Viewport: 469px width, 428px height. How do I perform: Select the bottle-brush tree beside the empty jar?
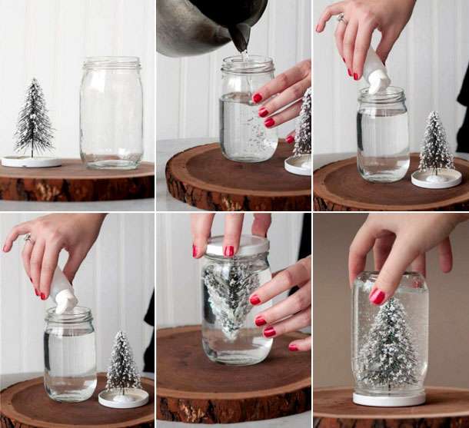[x=34, y=119]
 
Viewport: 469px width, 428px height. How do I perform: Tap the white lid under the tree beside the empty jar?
[x=31, y=161]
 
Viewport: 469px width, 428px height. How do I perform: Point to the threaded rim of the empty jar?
[x=111, y=64]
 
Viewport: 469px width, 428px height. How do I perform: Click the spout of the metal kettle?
[x=241, y=38]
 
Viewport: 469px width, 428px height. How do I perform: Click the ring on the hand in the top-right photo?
[x=341, y=17]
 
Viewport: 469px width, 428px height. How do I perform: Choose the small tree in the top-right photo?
[x=436, y=144]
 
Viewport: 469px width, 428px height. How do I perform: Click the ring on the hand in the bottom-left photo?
[x=28, y=239]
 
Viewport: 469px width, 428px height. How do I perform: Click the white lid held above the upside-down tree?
[x=234, y=245]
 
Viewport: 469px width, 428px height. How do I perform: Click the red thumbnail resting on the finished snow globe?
[x=378, y=296]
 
